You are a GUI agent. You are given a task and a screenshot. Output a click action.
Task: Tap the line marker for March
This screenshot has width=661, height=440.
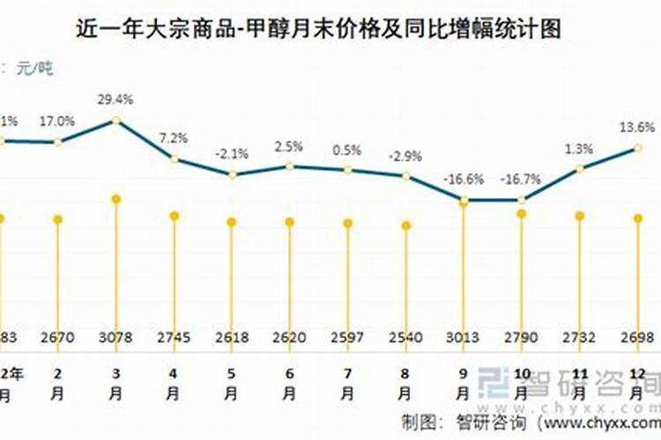point(116,121)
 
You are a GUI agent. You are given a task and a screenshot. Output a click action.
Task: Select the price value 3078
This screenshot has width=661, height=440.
point(115,337)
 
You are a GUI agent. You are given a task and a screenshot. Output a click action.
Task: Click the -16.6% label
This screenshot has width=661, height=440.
point(464,180)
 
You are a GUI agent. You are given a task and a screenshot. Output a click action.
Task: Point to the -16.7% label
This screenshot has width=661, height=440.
point(521,180)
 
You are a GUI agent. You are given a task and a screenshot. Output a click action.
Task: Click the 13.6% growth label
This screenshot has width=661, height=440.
point(637,127)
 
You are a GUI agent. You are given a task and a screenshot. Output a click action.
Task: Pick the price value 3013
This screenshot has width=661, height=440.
point(464,337)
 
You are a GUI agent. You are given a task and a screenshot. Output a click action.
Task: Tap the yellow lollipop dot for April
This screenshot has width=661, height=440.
point(175,216)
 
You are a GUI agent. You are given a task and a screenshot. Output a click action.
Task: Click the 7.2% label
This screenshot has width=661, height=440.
point(175,138)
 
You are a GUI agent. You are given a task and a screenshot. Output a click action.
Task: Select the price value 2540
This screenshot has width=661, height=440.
point(405,337)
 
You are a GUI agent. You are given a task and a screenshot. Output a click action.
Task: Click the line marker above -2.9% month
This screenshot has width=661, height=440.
point(405,176)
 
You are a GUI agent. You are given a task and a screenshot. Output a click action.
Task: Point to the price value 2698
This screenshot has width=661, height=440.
point(637,337)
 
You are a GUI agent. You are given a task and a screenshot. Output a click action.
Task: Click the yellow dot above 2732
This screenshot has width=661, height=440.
point(579,216)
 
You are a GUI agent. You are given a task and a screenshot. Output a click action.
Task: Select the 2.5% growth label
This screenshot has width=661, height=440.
point(290,146)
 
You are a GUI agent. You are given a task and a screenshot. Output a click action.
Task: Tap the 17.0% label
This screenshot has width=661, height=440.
point(58,121)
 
